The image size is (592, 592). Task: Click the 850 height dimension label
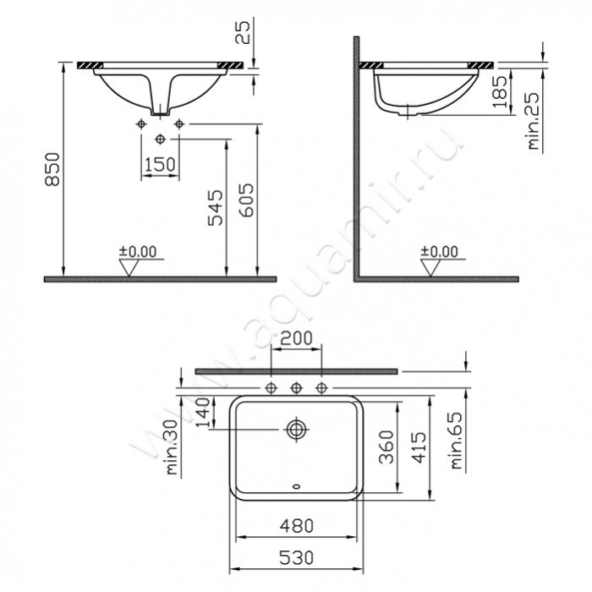coord(52,169)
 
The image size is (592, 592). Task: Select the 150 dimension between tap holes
coord(160,165)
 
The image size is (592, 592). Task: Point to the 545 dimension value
coord(216,208)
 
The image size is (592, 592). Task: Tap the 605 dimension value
coord(247,200)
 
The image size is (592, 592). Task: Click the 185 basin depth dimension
coord(501,91)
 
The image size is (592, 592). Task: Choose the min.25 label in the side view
coord(533,121)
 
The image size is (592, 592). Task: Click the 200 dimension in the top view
coord(296,338)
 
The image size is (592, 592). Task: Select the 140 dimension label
coord(203,413)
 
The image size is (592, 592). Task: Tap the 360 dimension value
coord(386,447)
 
